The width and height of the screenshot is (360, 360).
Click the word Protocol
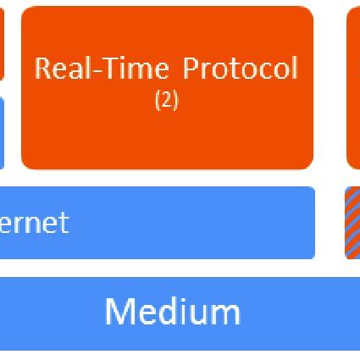click(241, 69)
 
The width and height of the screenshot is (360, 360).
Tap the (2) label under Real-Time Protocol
click(167, 100)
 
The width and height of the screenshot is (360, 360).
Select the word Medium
click(173, 312)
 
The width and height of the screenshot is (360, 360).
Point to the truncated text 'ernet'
click(34, 223)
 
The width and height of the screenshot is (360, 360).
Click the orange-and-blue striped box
click(352, 223)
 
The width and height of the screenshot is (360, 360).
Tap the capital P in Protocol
click(191, 69)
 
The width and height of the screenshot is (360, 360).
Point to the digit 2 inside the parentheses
click(167, 100)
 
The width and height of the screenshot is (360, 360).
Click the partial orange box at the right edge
click(353, 85)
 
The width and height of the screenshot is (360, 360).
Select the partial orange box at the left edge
click(2, 42)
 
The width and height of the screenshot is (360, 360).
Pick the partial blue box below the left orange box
click(2, 131)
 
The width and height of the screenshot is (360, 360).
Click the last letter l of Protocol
click(295, 69)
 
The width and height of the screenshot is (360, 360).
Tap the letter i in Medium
click(183, 312)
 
